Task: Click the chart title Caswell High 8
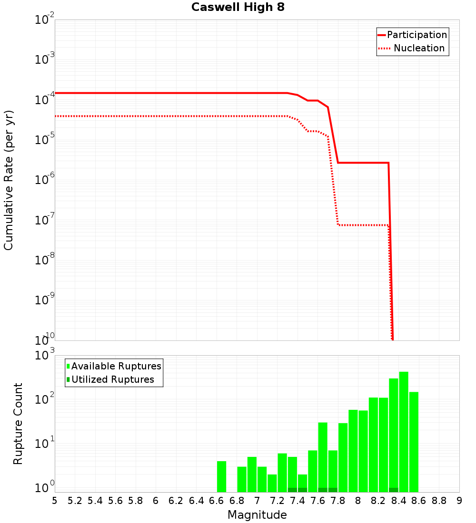tap(238, 8)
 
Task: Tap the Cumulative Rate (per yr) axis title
tap(9, 180)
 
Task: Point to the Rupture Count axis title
tap(18, 424)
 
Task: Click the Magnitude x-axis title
tap(257, 515)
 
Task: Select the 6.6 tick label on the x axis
tap(216, 501)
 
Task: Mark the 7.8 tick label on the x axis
tap(337, 501)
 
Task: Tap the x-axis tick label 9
tap(459, 501)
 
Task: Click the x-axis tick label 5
tap(55, 501)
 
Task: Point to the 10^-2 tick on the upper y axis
tap(44, 20)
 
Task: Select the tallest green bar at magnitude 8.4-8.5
tap(404, 432)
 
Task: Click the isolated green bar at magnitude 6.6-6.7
tap(221, 476)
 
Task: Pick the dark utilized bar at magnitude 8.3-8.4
tap(394, 490)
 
